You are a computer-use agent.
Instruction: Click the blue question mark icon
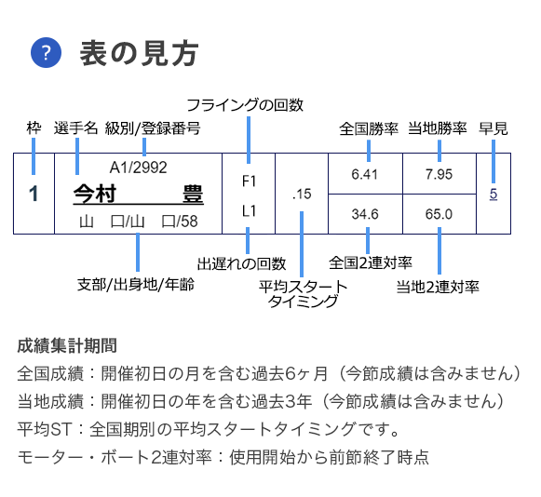[46, 52]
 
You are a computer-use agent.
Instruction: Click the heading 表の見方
[140, 53]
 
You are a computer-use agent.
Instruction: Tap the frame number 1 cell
[34, 194]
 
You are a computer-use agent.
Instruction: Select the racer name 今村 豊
[139, 194]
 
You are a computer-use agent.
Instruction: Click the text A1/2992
[139, 168]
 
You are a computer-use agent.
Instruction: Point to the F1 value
[249, 181]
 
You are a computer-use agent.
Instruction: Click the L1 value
[249, 210]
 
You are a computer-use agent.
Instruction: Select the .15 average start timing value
[302, 195]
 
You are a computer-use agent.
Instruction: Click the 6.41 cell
[365, 174]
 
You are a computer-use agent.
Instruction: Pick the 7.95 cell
[440, 174]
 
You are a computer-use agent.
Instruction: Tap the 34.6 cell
[365, 214]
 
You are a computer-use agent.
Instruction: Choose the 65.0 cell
[440, 214]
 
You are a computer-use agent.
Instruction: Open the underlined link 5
[494, 194]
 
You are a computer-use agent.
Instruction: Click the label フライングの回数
[245, 105]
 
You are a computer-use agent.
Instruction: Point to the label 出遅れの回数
[241, 263]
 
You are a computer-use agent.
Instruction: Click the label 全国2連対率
[371, 262]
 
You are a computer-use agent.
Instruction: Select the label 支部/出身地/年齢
[136, 285]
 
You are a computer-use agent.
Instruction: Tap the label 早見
[494, 128]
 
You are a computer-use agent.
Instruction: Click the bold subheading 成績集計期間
[67, 345]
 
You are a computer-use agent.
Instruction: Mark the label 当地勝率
[438, 128]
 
